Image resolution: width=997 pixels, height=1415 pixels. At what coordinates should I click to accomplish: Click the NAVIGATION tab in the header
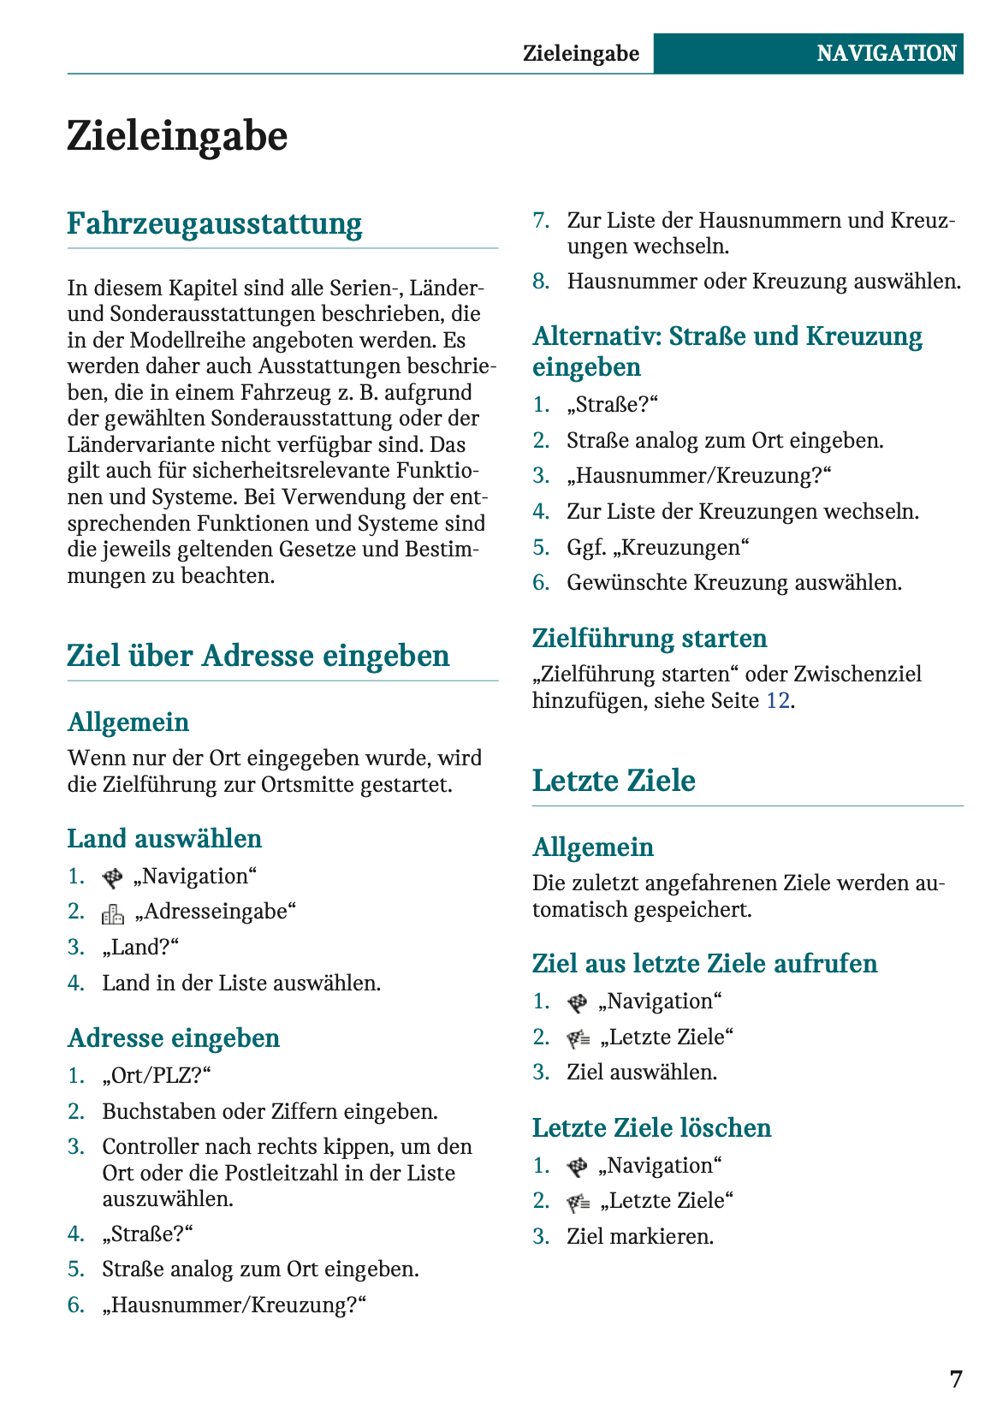pyautogui.click(x=886, y=53)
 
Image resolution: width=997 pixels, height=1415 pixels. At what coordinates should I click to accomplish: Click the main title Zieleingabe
pyautogui.click(x=177, y=136)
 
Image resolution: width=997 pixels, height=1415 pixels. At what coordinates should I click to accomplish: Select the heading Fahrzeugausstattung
pyautogui.click(x=215, y=223)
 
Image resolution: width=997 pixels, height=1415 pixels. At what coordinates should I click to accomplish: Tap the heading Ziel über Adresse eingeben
pyautogui.click(x=258, y=656)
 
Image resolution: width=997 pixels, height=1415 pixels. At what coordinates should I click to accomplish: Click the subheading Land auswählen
pyautogui.click(x=164, y=838)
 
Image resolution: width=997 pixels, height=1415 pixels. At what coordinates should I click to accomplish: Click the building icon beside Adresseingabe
pyautogui.click(x=113, y=913)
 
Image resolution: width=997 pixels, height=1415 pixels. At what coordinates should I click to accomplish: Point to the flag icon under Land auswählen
pyautogui.click(x=112, y=877)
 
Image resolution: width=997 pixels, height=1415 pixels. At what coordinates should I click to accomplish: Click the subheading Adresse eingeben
pyautogui.click(x=174, y=1037)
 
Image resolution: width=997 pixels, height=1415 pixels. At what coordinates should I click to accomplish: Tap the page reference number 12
pyautogui.click(x=777, y=700)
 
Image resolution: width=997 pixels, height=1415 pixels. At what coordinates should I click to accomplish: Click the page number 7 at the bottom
pyautogui.click(x=956, y=1379)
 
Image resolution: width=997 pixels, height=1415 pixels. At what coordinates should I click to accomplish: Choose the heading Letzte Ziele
pyautogui.click(x=614, y=781)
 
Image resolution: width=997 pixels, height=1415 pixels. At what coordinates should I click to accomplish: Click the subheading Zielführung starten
pyautogui.click(x=650, y=638)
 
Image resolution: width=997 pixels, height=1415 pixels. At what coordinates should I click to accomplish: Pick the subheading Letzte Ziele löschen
pyautogui.click(x=651, y=1127)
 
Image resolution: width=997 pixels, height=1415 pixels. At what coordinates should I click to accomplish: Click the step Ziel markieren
pyautogui.click(x=640, y=1236)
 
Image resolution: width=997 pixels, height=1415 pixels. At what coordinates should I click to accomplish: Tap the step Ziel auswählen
pyautogui.click(x=642, y=1072)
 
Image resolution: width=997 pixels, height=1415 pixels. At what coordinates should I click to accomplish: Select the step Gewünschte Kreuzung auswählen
pyautogui.click(x=734, y=583)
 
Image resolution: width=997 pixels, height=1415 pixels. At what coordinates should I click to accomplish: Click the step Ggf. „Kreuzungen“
pyautogui.click(x=658, y=547)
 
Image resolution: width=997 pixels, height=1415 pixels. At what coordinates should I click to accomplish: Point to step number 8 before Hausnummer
pyautogui.click(x=541, y=282)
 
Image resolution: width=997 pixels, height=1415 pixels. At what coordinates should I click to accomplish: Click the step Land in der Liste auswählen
pyautogui.click(x=241, y=983)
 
